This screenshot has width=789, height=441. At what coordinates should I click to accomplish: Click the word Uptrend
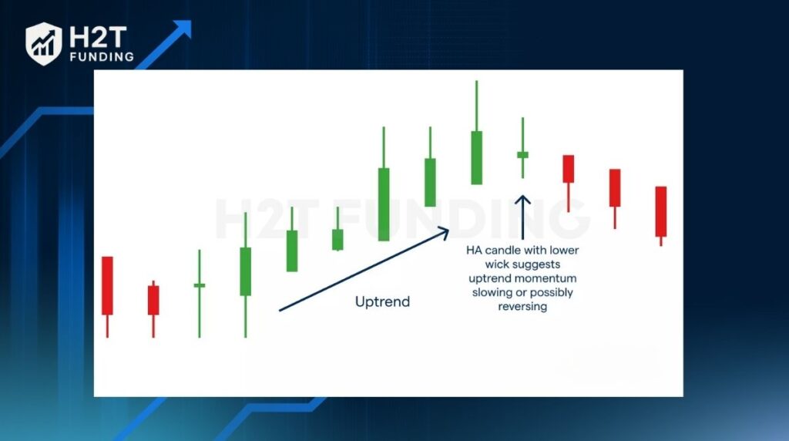click(x=382, y=301)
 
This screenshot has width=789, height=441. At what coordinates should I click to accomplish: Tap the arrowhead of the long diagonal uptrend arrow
click(x=443, y=233)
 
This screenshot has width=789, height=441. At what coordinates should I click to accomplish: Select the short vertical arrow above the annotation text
click(x=523, y=217)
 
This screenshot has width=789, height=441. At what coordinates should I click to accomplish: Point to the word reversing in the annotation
click(x=522, y=307)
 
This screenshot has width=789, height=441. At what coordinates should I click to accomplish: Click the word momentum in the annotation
click(x=549, y=278)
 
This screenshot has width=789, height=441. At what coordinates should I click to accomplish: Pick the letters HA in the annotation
click(x=474, y=251)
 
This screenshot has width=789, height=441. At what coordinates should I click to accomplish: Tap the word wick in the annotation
click(x=495, y=264)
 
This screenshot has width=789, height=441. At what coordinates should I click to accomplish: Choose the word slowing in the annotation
click(x=489, y=292)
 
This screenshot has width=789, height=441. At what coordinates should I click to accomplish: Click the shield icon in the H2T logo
click(x=44, y=44)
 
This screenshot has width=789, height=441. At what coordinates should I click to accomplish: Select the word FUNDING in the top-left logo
click(x=102, y=57)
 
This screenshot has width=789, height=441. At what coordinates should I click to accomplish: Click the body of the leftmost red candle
click(x=107, y=285)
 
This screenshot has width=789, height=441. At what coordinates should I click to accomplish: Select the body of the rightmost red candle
click(x=660, y=211)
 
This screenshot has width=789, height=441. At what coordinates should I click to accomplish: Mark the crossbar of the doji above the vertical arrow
click(x=523, y=155)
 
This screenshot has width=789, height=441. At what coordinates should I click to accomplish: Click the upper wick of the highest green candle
click(x=476, y=106)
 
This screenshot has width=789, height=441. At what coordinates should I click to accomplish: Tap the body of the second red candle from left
click(x=153, y=300)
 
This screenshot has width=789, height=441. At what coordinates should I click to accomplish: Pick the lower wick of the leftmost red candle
click(x=107, y=326)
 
